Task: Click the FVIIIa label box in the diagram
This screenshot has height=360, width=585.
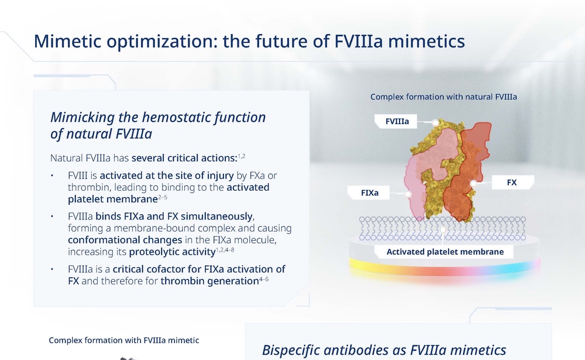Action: (x=396, y=121)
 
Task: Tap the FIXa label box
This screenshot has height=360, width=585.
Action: (x=369, y=193)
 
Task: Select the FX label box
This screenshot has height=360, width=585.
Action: (x=513, y=182)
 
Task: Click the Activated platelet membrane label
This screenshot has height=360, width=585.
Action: (x=445, y=252)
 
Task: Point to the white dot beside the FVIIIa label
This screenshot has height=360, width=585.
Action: (x=435, y=122)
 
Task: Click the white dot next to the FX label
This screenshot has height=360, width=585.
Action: (x=473, y=183)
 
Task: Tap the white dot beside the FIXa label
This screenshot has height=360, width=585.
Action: (x=408, y=194)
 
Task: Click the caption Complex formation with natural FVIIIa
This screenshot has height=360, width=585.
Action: (x=443, y=97)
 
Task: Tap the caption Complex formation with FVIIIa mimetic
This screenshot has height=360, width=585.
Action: (x=124, y=340)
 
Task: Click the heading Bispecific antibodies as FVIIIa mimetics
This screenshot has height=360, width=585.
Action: (x=384, y=350)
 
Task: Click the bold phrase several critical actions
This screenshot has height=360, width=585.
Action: (x=184, y=158)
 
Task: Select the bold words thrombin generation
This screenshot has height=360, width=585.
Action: (x=209, y=281)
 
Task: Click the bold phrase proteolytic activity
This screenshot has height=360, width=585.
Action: (x=173, y=252)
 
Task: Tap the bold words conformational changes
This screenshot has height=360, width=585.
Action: (x=125, y=240)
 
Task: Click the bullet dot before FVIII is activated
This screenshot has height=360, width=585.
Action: (x=52, y=176)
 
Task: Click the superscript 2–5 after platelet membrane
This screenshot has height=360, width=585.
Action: (x=162, y=197)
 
